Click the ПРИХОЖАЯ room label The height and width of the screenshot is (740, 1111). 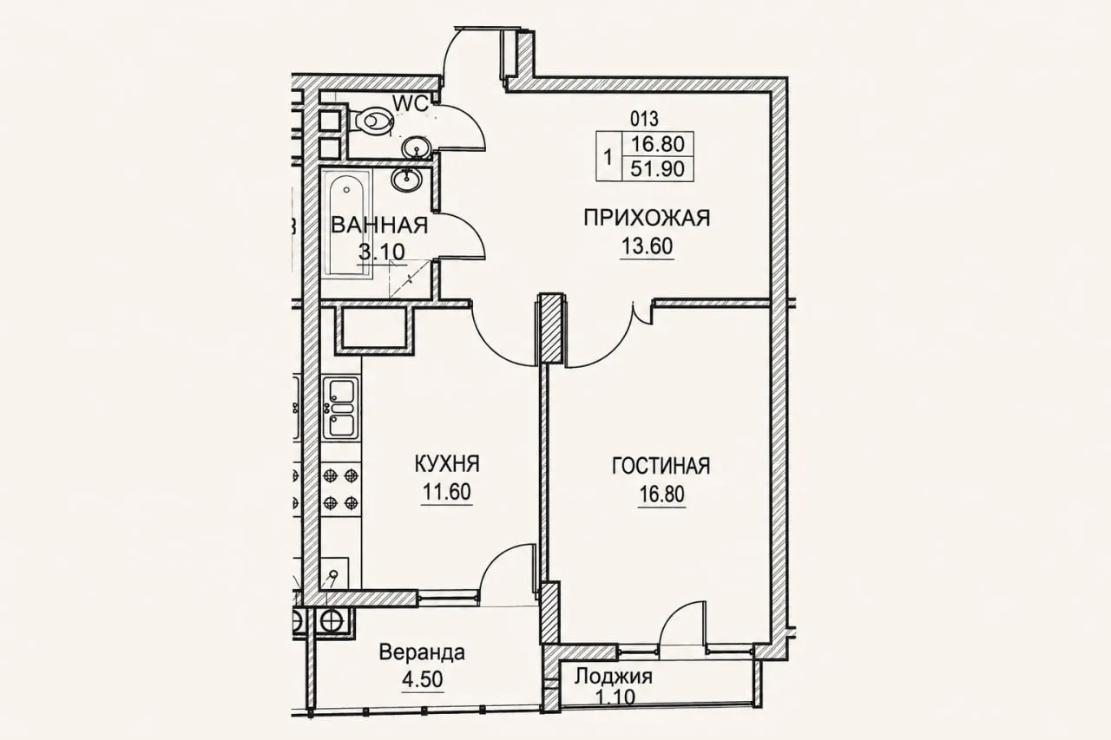(647, 218)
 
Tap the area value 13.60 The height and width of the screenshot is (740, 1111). (647, 246)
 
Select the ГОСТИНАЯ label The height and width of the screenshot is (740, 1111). (661, 467)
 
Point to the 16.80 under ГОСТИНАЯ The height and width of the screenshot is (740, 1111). (661, 494)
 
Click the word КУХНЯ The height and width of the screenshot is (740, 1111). (447, 464)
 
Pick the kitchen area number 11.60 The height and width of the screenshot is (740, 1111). (446, 492)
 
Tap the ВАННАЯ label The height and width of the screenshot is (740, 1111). (379, 226)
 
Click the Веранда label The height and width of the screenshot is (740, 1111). (422, 652)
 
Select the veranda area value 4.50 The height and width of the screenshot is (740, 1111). (423, 679)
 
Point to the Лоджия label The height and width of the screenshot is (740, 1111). (614, 676)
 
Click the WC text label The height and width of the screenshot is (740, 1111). (411, 104)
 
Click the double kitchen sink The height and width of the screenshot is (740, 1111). (341, 409)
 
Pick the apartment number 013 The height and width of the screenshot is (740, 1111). (644, 119)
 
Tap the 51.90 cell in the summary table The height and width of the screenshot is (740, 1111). (657, 169)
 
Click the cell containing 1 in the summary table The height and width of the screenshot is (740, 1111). (608, 156)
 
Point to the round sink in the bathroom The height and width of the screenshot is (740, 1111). (407, 180)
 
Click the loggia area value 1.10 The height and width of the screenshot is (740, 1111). (615, 697)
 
